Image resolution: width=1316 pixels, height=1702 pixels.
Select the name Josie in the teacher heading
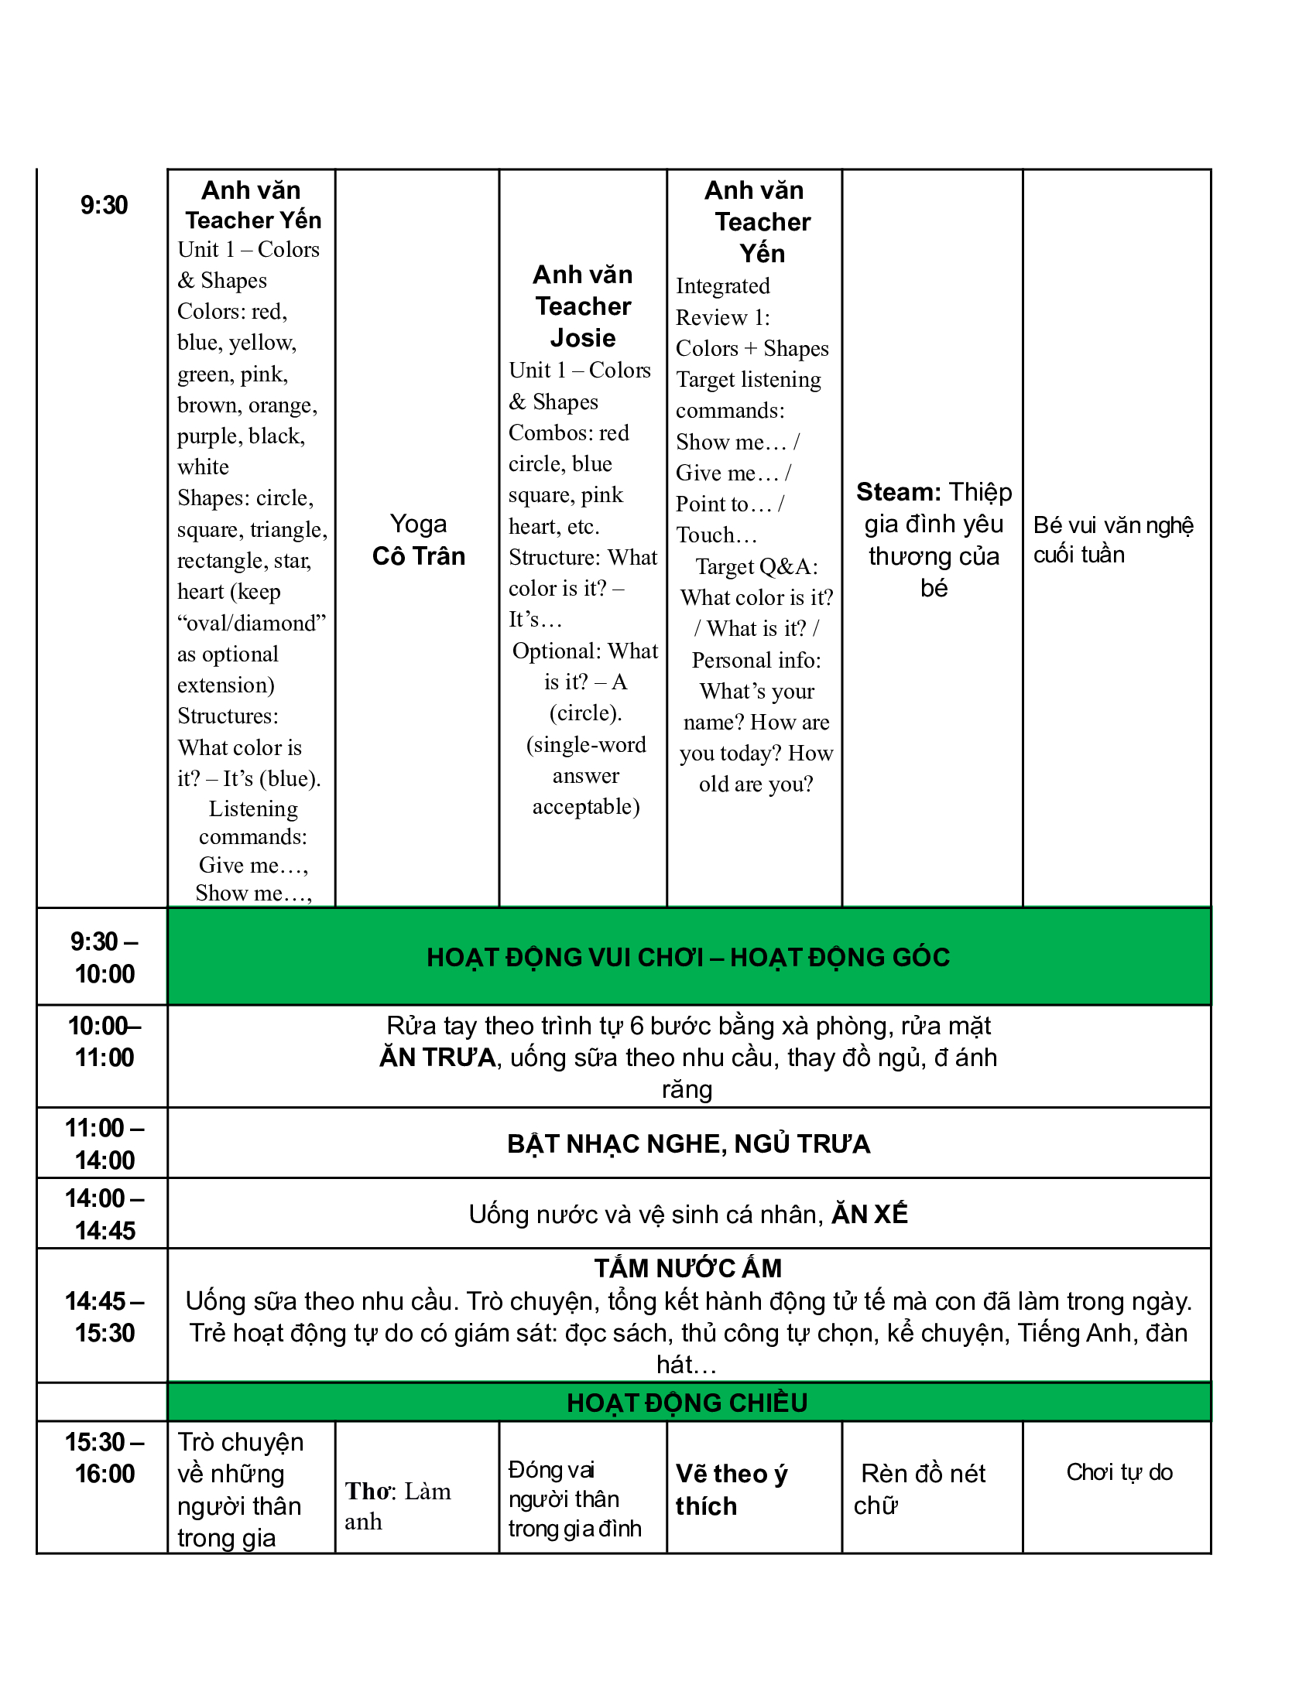point(582,337)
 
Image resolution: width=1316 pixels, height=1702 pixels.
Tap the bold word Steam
point(898,492)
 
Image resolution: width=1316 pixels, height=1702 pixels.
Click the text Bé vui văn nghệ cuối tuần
point(1112,539)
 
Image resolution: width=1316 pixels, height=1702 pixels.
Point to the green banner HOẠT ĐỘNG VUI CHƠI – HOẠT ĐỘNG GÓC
point(688,957)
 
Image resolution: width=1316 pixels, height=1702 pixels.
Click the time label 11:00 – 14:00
point(105,1143)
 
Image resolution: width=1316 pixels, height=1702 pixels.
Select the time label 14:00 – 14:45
point(105,1214)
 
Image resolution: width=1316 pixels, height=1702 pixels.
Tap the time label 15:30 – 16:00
point(105,1458)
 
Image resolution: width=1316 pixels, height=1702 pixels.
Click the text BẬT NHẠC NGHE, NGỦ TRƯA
point(688,1143)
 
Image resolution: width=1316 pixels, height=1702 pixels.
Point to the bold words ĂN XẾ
point(869,1214)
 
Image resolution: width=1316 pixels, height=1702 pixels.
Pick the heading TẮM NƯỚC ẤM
point(687,1268)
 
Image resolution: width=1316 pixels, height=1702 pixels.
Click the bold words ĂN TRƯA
point(437,1058)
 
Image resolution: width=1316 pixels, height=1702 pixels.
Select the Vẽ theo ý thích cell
point(732,1489)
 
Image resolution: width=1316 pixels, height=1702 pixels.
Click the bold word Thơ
point(370,1491)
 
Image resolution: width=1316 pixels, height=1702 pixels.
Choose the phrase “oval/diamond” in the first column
point(251,623)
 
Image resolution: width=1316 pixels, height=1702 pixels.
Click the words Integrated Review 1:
point(723,302)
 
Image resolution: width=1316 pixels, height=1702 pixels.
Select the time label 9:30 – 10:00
point(105,957)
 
